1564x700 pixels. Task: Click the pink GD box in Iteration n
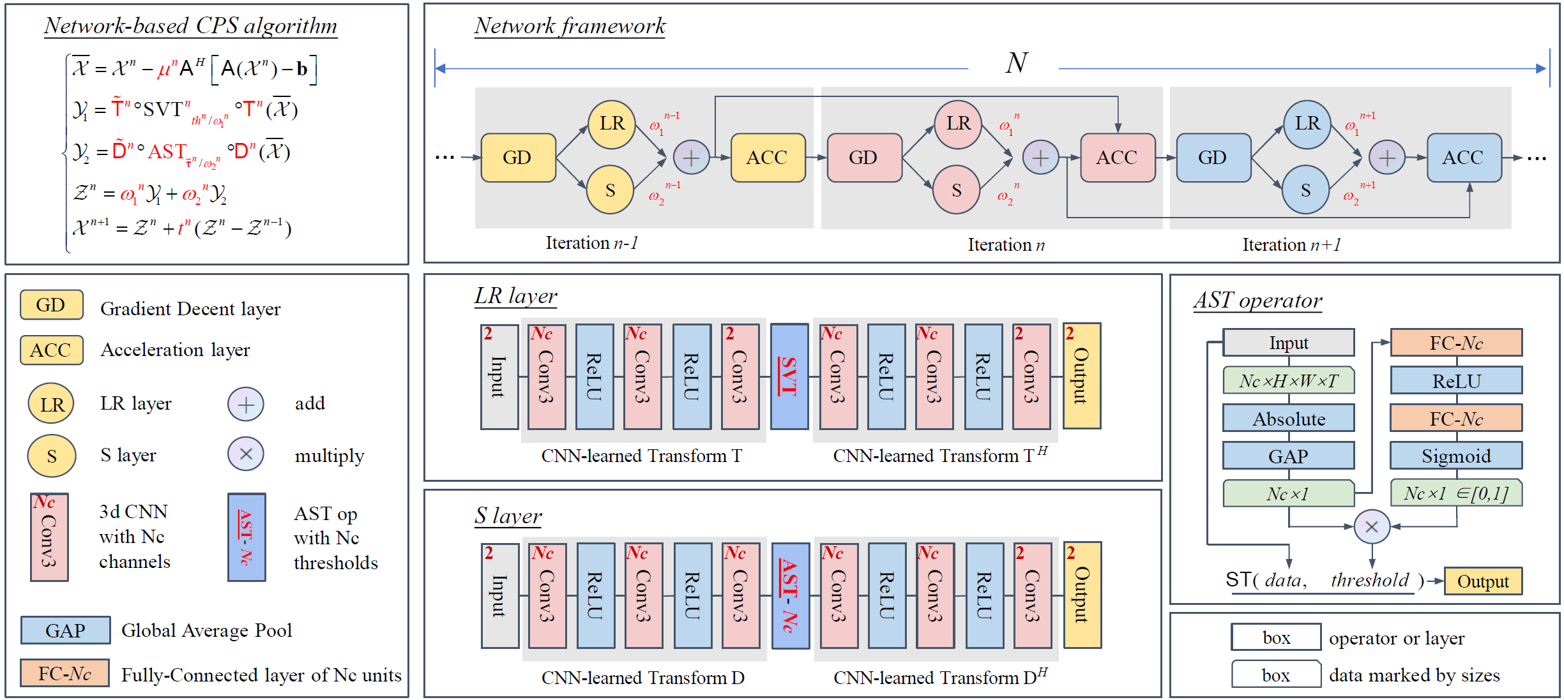tap(864, 158)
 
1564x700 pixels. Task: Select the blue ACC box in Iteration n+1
tap(1463, 158)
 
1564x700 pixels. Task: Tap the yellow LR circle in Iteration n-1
tap(611, 124)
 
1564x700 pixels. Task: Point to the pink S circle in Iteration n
tap(956, 190)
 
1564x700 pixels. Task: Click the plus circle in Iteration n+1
tap(1386, 158)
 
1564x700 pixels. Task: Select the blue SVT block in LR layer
tap(789, 376)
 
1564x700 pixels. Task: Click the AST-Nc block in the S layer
tap(790, 595)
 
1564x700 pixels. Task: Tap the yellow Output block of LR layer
tap(1081, 376)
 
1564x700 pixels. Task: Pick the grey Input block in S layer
tap(499, 595)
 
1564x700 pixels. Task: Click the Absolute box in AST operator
tap(1288, 419)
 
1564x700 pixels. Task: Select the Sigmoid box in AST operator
tap(1455, 456)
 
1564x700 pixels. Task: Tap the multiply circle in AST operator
tap(1371, 527)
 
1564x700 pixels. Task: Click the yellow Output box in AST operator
tap(1482, 581)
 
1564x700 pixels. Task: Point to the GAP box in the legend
tap(65, 630)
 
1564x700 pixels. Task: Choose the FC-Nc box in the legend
tap(65, 673)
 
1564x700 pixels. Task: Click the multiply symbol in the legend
tap(246, 454)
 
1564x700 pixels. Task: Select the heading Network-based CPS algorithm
tap(190, 26)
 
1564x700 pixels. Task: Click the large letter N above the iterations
tap(1015, 63)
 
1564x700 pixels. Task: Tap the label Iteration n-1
tap(591, 243)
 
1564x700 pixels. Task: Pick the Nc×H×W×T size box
tap(1288, 381)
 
